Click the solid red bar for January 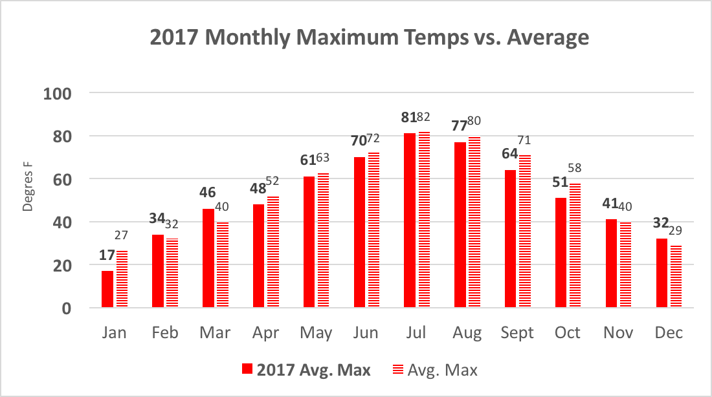click(107, 289)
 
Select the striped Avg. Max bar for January click(122, 279)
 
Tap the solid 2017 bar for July click(409, 220)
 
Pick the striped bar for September click(524, 231)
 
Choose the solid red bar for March click(208, 258)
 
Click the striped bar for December click(676, 276)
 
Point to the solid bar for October click(561, 253)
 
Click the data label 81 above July click(408, 118)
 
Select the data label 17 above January click(106, 255)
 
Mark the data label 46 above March click(207, 193)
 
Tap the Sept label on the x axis click(517, 333)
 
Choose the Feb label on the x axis click(165, 333)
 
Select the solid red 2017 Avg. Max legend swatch click(247, 370)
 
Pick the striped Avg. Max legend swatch click(397, 370)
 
